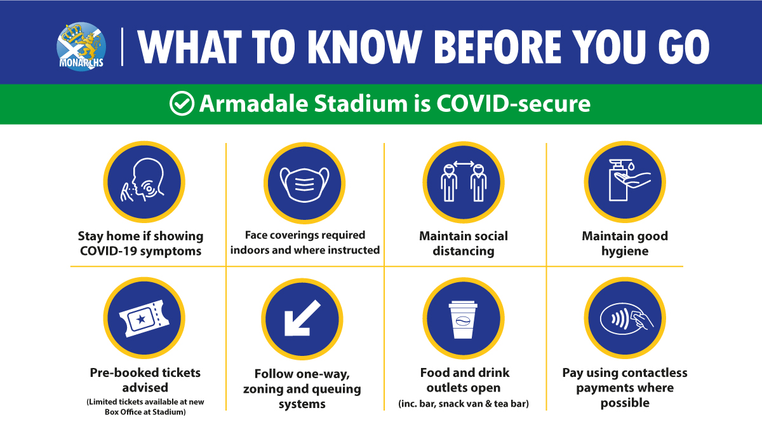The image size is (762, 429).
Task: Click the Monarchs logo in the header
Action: tap(81, 46)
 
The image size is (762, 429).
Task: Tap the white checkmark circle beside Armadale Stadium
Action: tap(182, 104)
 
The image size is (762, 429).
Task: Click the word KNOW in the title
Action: tap(364, 47)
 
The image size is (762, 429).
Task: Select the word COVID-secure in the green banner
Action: tap(513, 104)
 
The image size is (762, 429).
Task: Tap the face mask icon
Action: tap(304, 184)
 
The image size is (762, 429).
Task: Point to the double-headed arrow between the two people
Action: tap(464, 164)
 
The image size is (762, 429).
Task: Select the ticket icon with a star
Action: tap(144, 318)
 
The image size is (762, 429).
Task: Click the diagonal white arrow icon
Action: tap(302, 318)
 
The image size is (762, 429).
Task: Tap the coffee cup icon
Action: tap(463, 319)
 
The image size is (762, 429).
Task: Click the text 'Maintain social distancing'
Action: tap(464, 243)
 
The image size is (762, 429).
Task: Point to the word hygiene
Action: tap(625, 251)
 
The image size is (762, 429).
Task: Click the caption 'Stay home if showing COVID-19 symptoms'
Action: tap(140, 243)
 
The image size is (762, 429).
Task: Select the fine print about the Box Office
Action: tap(145, 407)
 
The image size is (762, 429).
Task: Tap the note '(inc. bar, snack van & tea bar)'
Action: tap(464, 404)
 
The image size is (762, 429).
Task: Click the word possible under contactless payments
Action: tap(625, 403)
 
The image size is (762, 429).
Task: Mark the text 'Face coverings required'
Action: tap(305, 235)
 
